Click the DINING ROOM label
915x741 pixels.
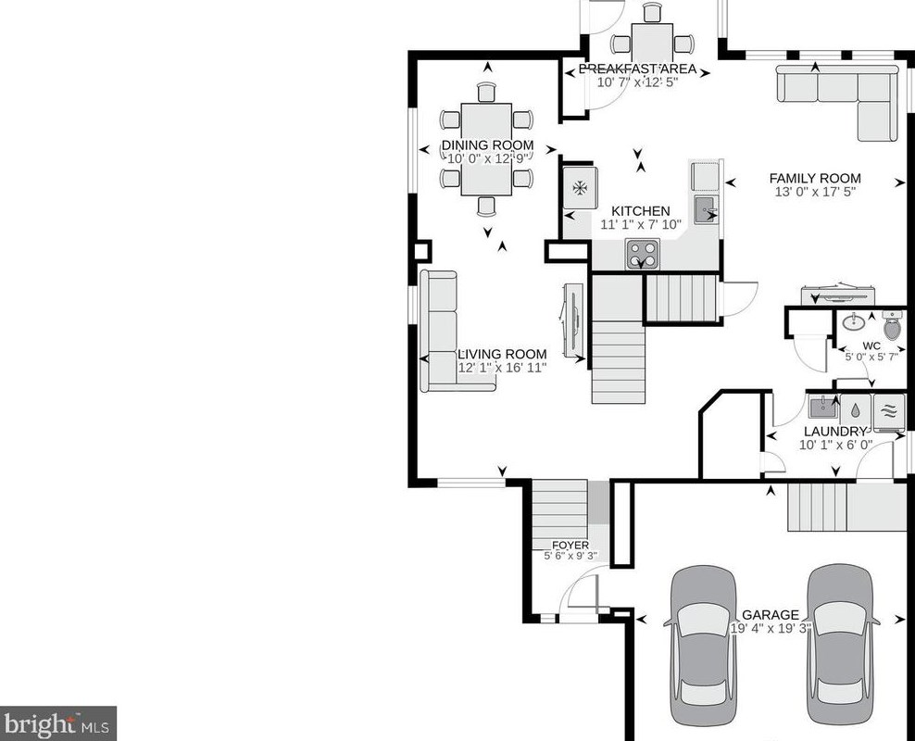[x=487, y=145]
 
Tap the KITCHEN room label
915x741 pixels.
[x=640, y=211]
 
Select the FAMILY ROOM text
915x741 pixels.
[x=815, y=179]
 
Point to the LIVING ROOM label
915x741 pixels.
[x=502, y=354]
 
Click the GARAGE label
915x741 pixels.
[x=771, y=615]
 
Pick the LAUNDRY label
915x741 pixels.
[x=835, y=432]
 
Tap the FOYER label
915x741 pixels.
[x=570, y=546]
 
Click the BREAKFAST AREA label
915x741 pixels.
[x=637, y=69]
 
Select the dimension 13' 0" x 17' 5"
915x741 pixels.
[x=815, y=192]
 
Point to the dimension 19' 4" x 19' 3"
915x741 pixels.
[x=771, y=628]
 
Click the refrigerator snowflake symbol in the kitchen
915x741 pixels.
[x=580, y=188]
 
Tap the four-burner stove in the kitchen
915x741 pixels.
[x=643, y=254]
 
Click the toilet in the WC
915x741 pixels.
[x=892, y=325]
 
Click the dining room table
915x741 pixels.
[x=486, y=149]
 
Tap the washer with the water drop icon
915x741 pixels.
[x=855, y=410]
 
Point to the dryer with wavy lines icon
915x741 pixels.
[x=889, y=411]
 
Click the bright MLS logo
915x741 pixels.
[x=57, y=724]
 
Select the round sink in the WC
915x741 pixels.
[x=855, y=320]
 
